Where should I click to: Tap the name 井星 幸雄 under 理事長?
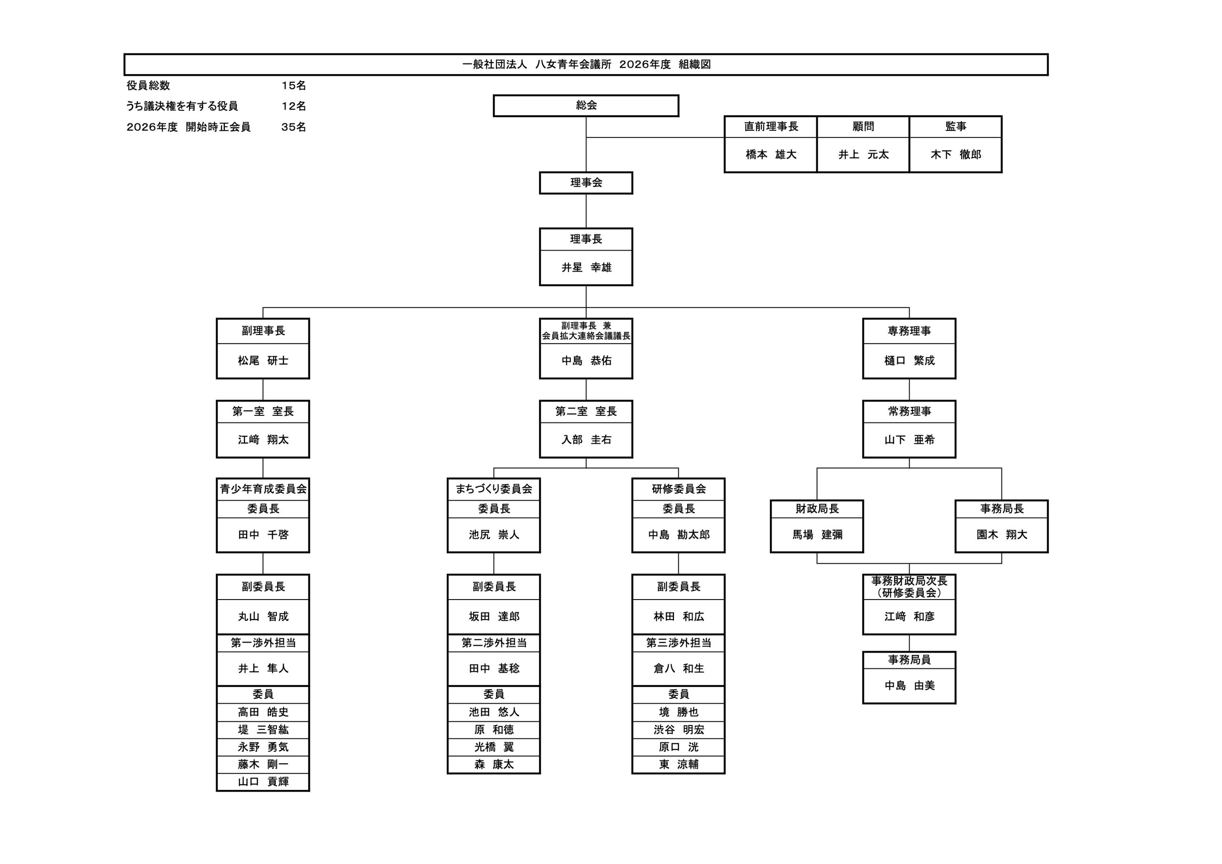[586, 267]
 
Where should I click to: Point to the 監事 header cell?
[955, 126]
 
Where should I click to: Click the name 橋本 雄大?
[770, 154]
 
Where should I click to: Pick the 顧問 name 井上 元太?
[863, 154]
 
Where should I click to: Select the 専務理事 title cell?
[908, 331]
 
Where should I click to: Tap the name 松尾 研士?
[263, 360]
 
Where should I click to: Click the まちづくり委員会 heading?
[494, 489]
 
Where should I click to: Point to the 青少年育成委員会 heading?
[263, 489]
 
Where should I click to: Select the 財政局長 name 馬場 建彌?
[816, 535]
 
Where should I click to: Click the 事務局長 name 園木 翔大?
[1001, 535]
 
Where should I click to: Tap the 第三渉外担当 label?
[678, 643]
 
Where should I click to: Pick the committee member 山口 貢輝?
[263, 781]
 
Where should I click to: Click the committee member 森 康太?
[494, 764]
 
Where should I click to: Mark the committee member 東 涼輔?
[678, 764]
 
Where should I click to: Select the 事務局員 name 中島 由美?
[908, 685]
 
